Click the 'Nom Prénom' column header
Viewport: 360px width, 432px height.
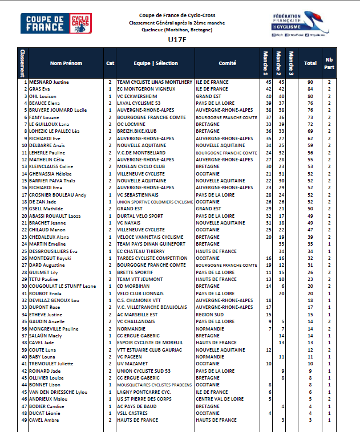pyautogui.click(x=66, y=63)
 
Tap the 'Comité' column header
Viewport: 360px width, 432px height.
pyautogui.click(x=228, y=63)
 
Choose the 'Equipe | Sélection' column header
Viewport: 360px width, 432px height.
pyautogui.click(x=155, y=63)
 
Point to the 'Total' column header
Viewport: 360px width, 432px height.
pyautogui.click(x=310, y=63)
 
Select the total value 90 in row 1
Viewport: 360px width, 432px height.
pyautogui.click(x=310, y=82)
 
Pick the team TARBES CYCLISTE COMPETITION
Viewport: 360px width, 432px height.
pyautogui.click(x=152, y=258)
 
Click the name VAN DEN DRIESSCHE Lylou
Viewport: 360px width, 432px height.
pyautogui.click(x=58, y=392)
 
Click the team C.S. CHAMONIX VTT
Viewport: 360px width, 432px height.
pyautogui.click(x=137, y=300)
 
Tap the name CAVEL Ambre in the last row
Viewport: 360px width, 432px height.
pyautogui.click(x=44, y=420)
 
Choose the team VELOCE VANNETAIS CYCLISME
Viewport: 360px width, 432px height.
pyautogui.click(x=150, y=237)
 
